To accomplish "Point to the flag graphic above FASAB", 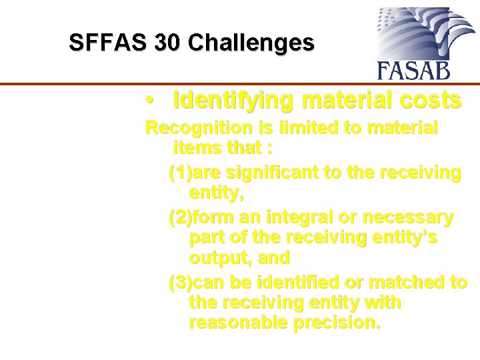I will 413,33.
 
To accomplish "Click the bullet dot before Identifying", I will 153,101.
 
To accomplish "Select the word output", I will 219,257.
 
